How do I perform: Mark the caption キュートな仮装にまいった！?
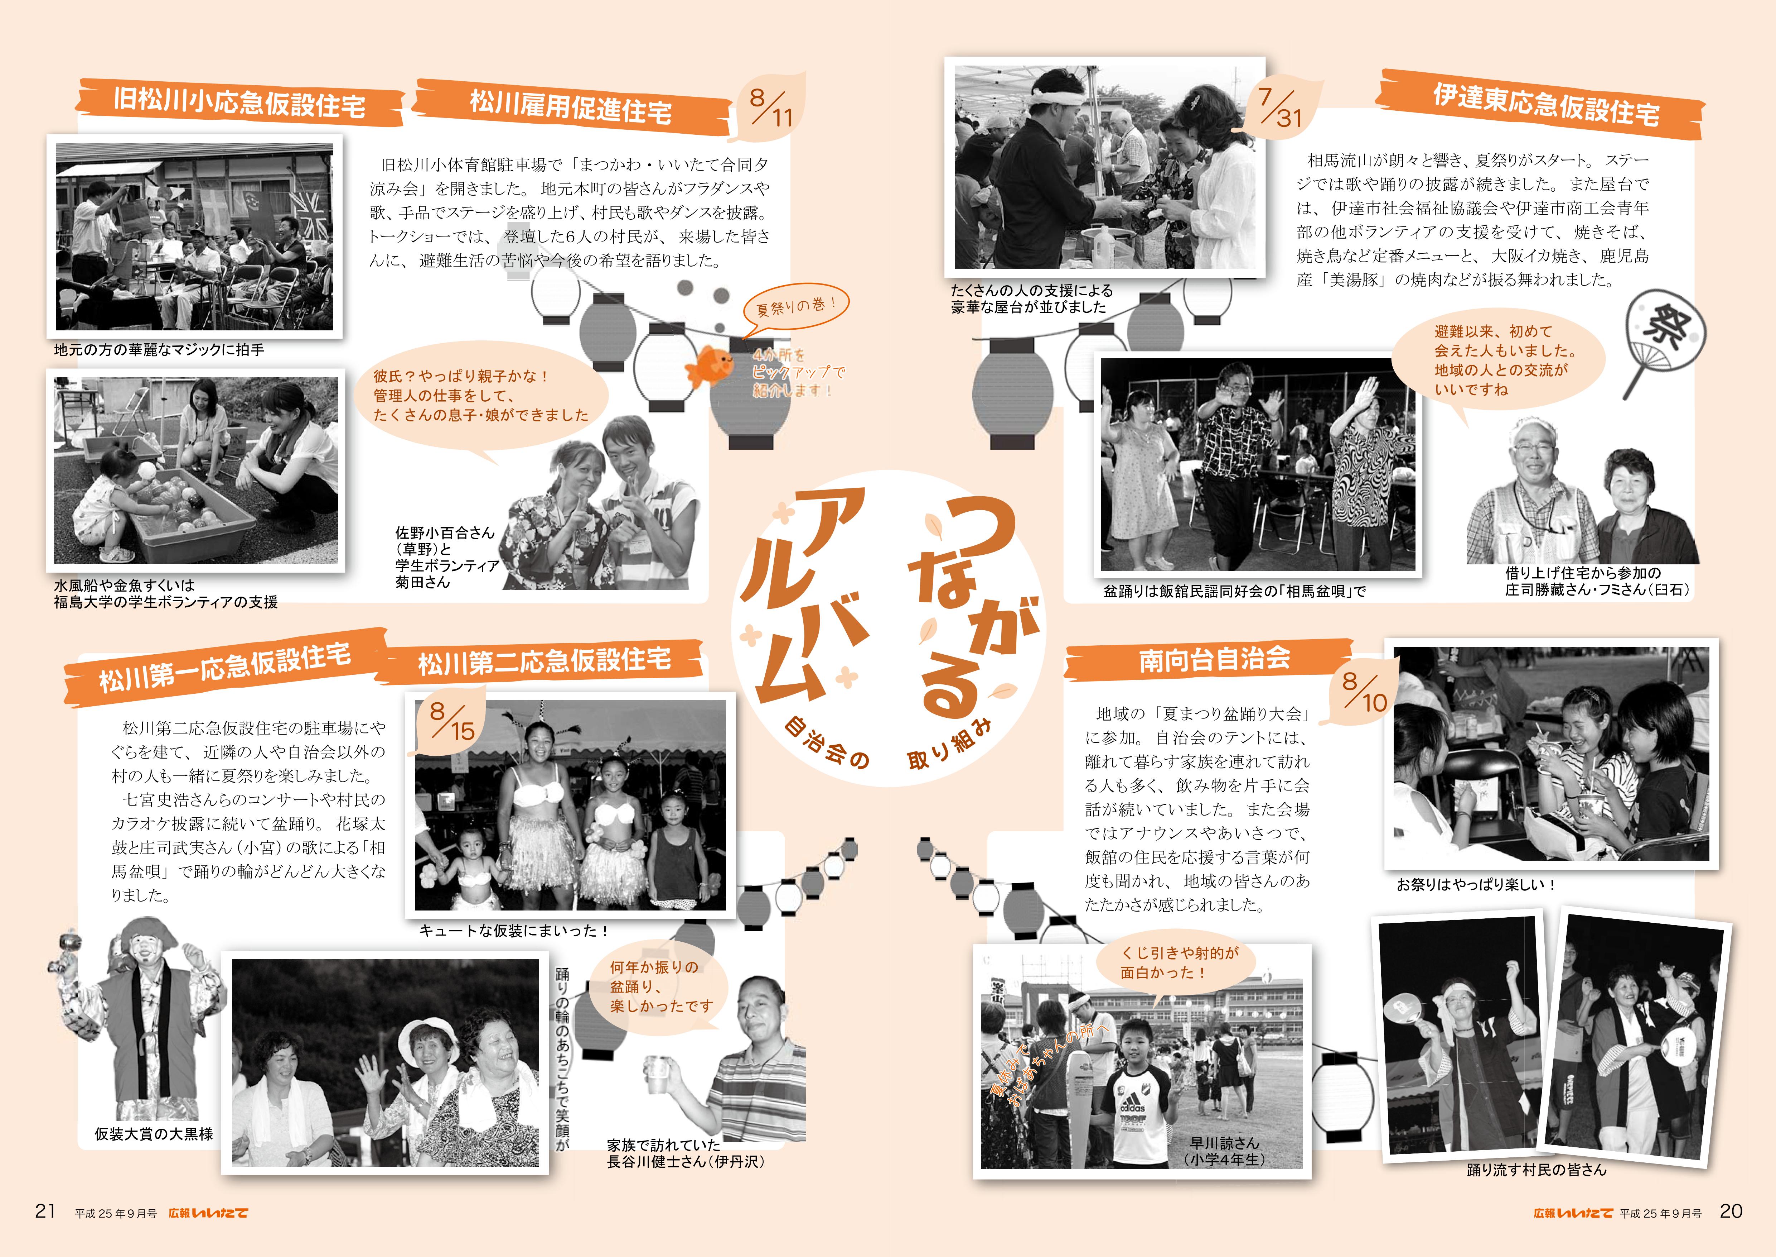click(x=514, y=931)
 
